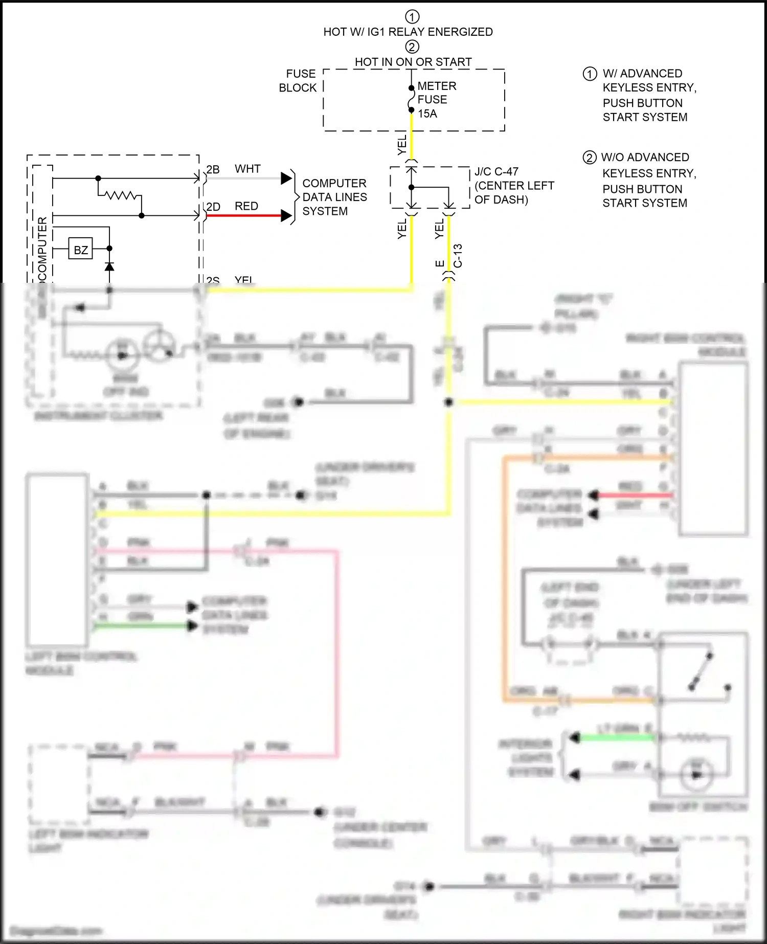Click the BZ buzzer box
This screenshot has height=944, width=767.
pyautogui.click(x=80, y=250)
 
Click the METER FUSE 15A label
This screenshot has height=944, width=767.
pyautogui.click(x=436, y=100)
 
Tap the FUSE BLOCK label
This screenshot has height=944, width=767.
pyautogui.click(x=298, y=81)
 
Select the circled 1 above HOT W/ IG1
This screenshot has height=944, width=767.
pyautogui.click(x=412, y=16)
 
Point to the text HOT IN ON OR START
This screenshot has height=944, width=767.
pyautogui.click(x=413, y=62)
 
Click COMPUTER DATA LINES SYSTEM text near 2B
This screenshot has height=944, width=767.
pyautogui.click(x=334, y=197)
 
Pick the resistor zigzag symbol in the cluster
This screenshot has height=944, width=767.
pyautogui.click(x=120, y=195)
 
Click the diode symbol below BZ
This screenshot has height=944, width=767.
pyautogui.click(x=109, y=266)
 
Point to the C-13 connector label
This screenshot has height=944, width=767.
pyautogui.click(x=458, y=256)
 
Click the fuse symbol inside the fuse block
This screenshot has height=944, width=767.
pyautogui.click(x=411, y=99)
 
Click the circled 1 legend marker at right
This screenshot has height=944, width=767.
pyautogui.click(x=590, y=74)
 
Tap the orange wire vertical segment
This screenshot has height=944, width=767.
pyautogui.click(x=504, y=578)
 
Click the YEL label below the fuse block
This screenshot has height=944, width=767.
pyautogui.click(x=402, y=145)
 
